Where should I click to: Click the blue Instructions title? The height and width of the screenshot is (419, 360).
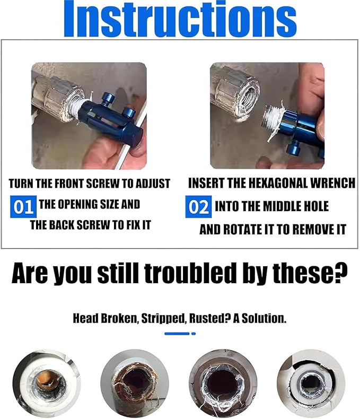180,19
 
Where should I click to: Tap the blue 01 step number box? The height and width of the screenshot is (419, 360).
23,206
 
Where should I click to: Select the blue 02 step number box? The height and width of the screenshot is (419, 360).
198,206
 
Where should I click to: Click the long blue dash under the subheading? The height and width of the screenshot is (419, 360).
177,334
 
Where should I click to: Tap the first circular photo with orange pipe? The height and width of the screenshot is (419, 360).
47,383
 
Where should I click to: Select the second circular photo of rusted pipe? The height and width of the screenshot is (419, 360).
134,383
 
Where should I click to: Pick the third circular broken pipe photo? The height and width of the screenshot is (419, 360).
223,383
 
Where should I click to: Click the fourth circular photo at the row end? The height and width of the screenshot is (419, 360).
311,383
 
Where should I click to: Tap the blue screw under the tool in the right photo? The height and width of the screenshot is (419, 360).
293,152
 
